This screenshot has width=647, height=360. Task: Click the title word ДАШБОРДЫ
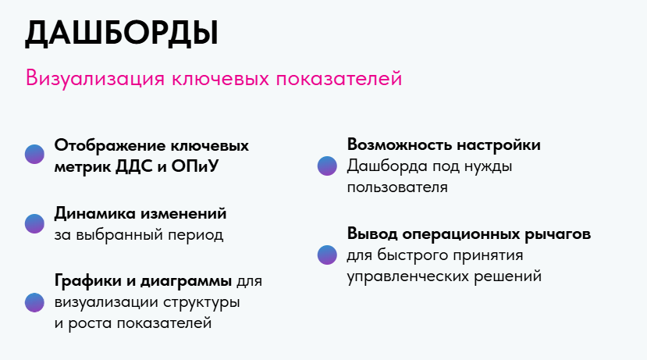point(121,34)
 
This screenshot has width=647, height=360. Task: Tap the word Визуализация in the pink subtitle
point(95,78)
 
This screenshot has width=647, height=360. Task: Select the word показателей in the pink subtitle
point(339,78)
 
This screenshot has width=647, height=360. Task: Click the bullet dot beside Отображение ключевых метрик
point(34,154)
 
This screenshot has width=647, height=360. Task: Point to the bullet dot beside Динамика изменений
point(34,224)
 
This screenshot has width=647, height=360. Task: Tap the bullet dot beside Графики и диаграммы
point(34,303)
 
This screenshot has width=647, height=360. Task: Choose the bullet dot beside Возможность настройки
point(327,166)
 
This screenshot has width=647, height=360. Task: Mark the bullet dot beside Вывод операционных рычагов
point(327,255)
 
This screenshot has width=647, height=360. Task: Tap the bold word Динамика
point(95,213)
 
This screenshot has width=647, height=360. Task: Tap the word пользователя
point(397,187)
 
